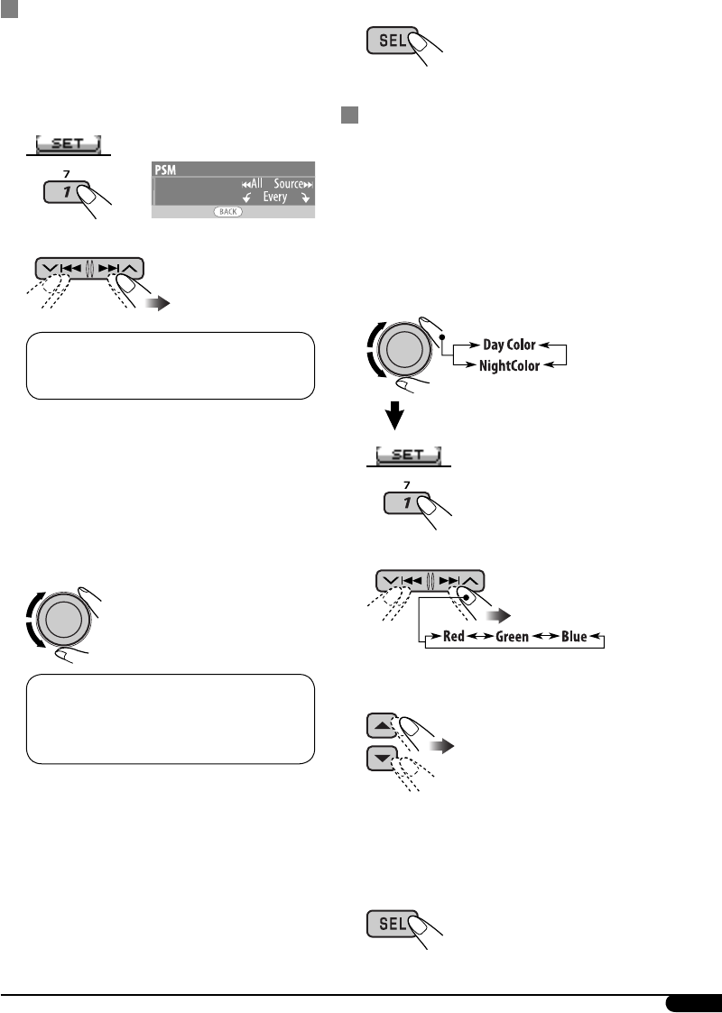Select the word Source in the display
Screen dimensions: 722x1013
coord(288,182)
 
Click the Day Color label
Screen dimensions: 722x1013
coord(509,345)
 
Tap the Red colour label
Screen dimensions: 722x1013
coord(454,636)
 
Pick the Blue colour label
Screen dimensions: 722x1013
coord(573,636)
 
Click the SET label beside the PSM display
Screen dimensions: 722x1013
coord(69,143)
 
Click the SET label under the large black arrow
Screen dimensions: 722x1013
coord(408,456)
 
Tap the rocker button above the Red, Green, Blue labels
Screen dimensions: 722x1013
coord(429,582)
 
